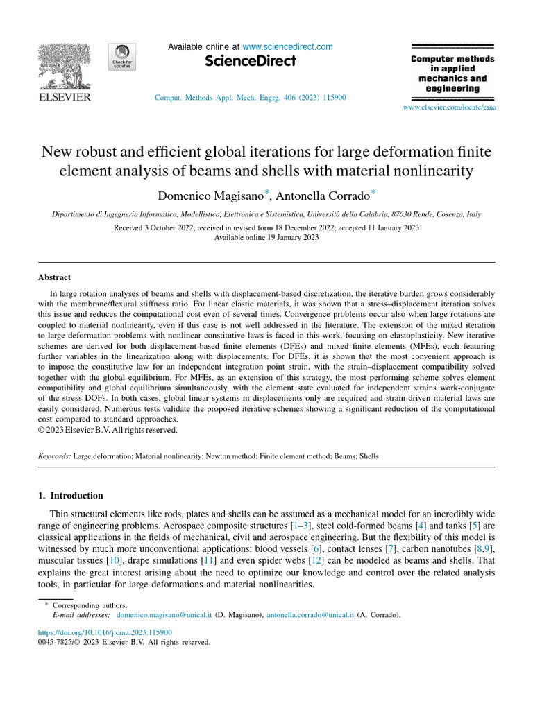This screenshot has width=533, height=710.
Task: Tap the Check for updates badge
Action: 121,56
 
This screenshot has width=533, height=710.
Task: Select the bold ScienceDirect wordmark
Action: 251,62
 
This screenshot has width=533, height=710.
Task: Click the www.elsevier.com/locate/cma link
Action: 450,107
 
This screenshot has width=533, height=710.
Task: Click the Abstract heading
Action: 54,277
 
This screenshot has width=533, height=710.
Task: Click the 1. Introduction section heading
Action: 70,496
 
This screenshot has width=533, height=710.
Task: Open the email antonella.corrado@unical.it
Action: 310,614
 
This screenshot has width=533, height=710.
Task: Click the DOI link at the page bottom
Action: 105,632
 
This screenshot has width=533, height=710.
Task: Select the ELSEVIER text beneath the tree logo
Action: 63,98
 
